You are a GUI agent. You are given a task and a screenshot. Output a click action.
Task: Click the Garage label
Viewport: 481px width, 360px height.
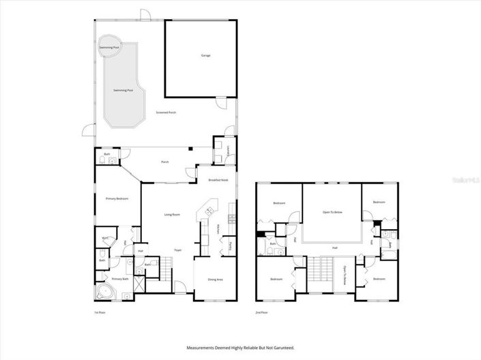[205, 55]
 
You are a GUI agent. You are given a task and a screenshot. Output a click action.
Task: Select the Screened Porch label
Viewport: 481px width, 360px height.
[166, 112]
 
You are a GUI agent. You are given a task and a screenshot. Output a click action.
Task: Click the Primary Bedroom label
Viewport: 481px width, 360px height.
[117, 198]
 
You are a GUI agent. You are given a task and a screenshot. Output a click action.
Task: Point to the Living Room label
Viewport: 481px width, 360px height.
[172, 215]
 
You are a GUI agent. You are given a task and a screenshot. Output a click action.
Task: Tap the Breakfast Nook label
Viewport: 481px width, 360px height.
[218, 180]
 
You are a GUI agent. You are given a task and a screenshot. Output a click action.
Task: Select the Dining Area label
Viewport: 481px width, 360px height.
[206, 280]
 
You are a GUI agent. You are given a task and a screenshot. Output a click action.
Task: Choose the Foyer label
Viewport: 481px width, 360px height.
[177, 250]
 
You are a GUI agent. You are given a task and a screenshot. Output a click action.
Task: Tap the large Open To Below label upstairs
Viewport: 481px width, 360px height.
[332, 213]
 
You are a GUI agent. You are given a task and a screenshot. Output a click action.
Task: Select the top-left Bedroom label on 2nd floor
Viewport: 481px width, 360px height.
[279, 203]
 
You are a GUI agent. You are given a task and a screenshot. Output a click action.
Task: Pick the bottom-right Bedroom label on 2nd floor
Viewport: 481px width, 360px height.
[379, 279]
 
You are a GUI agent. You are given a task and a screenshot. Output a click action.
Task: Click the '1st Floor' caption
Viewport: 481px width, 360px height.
[100, 312]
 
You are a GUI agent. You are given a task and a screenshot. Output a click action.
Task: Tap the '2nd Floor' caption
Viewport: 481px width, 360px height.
[262, 312]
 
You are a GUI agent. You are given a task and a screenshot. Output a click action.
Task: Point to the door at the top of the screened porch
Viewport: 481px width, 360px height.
[144, 15]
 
